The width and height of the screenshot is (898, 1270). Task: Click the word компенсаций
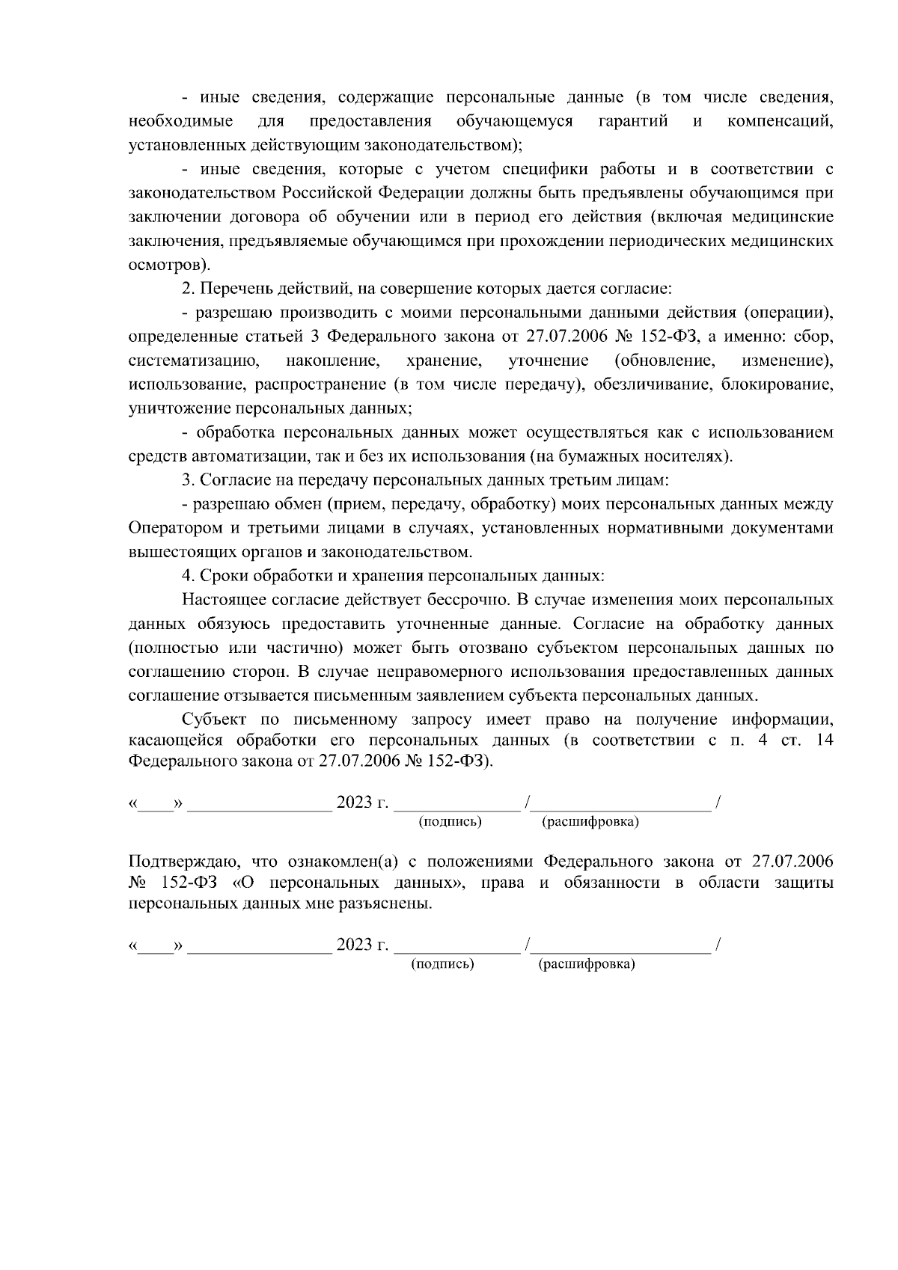(780, 121)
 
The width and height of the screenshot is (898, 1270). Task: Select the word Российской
(327, 193)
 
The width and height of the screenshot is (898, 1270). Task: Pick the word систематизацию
(194, 361)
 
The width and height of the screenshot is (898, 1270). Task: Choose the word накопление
(333, 361)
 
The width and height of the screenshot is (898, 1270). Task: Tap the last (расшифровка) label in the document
(586, 964)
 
